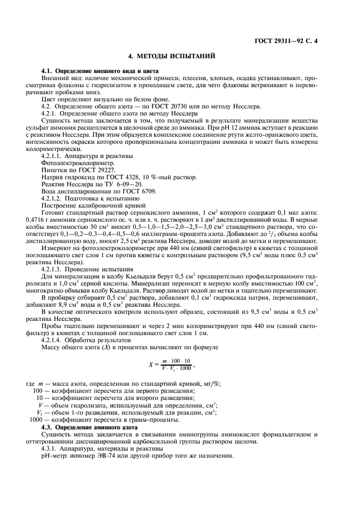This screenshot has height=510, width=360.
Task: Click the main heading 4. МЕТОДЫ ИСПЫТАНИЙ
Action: point(180,56)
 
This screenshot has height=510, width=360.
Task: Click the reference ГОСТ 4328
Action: point(126,177)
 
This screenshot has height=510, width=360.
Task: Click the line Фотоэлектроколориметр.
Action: point(77,163)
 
